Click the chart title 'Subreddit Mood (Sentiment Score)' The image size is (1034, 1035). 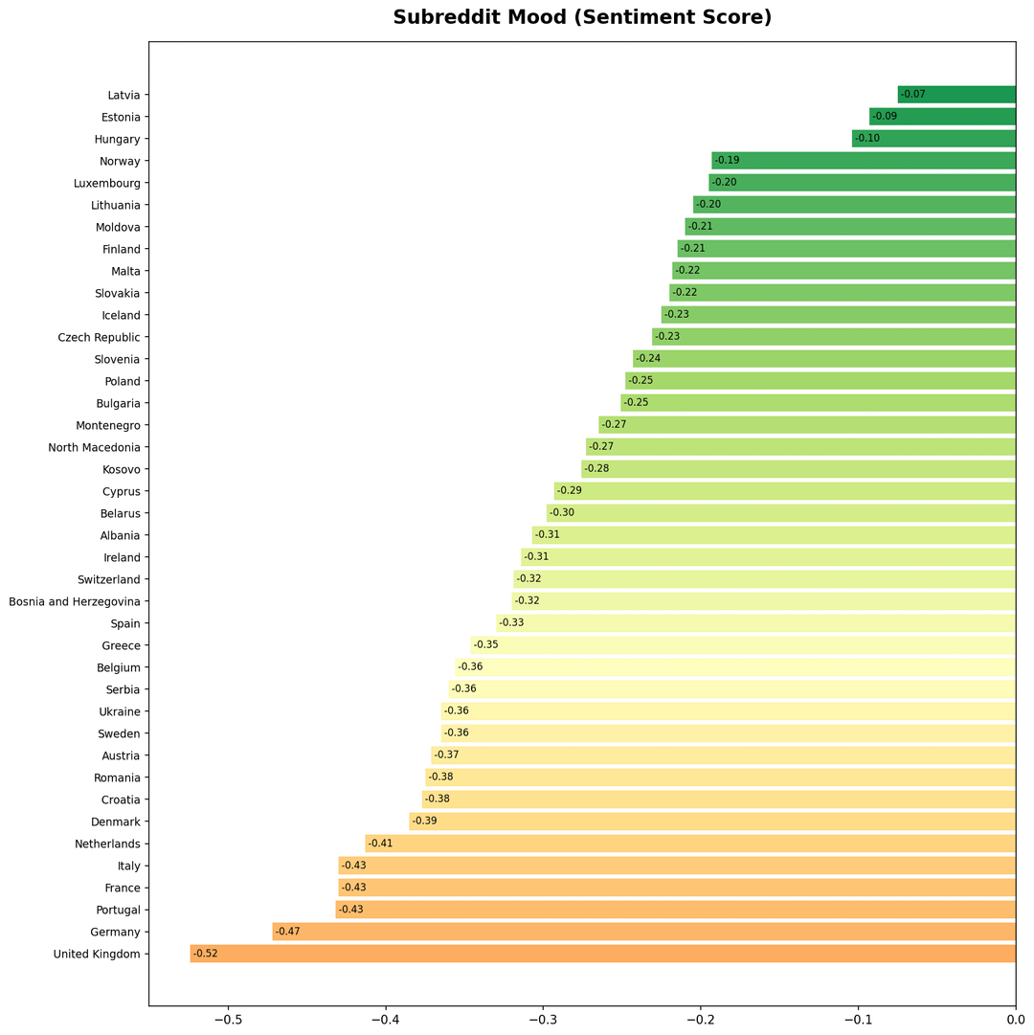pos(582,17)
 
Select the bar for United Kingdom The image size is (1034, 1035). pos(603,954)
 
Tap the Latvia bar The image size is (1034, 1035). pos(956,95)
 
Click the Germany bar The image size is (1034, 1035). pos(643,932)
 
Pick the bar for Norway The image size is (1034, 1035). pos(864,161)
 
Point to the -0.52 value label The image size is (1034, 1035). pos(206,954)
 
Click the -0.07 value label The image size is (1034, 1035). pos(913,95)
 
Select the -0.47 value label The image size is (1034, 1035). pos(287,932)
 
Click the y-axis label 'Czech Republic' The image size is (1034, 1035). pos(99,337)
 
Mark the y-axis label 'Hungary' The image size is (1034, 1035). pos(120,139)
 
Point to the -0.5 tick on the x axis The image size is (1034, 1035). pos(228,1019)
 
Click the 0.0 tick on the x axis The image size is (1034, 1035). pos(1015,1019)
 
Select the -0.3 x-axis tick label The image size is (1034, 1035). pos(543,1019)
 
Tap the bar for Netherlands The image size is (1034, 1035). pos(690,844)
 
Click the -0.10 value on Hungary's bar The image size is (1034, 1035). pos(867,139)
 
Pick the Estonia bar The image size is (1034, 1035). pos(942,117)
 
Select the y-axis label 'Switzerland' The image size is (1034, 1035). pos(109,579)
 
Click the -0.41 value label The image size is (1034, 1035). pos(381,844)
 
